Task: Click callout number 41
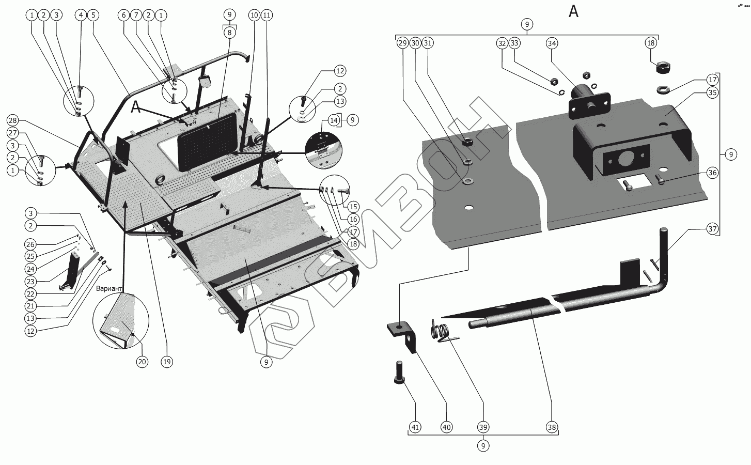pos(415,427)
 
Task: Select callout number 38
pos(552,427)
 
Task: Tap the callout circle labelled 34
pos(552,43)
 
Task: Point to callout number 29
pos(403,43)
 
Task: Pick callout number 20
pos(142,362)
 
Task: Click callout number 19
pos(166,362)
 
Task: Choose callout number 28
pos(12,120)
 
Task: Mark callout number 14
pos(334,120)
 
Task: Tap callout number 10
pos(254,15)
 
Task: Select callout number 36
pos(712,173)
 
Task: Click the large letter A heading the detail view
pos(573,11)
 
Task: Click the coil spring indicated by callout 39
pos(439,331)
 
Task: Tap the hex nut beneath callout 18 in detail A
pos(662,68)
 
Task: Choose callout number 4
pos(81,15)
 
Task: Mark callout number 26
pos(31,244)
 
